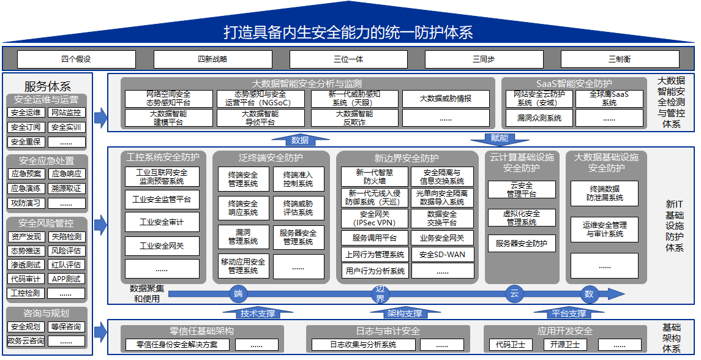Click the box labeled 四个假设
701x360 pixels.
[76, 59]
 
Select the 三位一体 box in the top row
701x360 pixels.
[348, 59]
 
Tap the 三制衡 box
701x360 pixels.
[620, 59]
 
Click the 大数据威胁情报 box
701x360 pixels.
[446, 99]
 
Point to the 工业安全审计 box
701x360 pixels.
[162, 222]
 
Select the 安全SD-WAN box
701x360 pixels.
[442, 255]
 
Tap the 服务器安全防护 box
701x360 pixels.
[522, 243]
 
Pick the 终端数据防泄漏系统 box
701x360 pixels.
[604, 193]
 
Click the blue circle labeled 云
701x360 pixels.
[514, 294]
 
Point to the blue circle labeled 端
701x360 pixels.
[238, 294]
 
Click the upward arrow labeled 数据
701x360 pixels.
[299, 140]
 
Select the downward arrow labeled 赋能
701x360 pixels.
[500, 138]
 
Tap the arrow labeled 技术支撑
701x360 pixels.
[258, 313]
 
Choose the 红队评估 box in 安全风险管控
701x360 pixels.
[66, 265]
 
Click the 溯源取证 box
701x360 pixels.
[66, 189]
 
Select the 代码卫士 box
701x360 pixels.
[510, 345]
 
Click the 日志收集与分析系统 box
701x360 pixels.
[363, 345]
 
